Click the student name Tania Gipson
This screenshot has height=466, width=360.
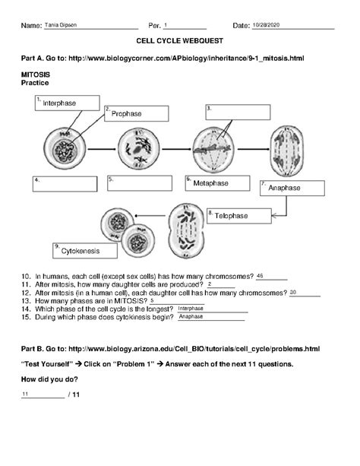click(61, 25)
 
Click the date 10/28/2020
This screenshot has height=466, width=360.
click(266, 25)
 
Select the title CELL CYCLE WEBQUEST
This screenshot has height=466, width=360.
click(180, 41)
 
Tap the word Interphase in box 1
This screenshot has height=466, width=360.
click(59, 103)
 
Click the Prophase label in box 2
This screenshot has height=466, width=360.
click(127, 113)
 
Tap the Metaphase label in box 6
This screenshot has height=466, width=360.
click(211, 183)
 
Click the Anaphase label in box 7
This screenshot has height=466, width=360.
click(284, 188)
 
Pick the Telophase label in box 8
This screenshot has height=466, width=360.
click(231, 216)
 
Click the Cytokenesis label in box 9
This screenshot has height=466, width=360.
click(81, 251)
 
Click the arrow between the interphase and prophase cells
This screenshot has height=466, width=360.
click(102, 149)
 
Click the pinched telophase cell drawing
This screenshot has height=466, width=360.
click(186, 230)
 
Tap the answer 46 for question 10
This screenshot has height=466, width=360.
click(260, 276)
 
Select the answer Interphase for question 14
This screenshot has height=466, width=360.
click(191, 309)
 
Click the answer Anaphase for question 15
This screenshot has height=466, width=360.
click(191, 316)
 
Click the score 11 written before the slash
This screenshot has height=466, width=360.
click(25, 394)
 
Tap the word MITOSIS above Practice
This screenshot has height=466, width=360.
click(36, 74)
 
